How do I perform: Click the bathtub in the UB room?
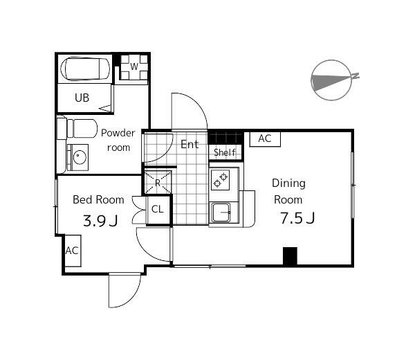pyautogui.click(x=85, y=69)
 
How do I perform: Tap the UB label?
pyautogui.click(x=82, y=98)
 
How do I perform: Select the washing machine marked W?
pyautogui.click(x=134, y=67)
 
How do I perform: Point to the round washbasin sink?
pyautogui.click(x=80, y=157)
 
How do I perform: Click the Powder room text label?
pyautogui.click(x=118, y=140)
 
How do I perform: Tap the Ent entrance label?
pyautogui.click(x=190, y=145)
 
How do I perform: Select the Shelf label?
pyautogui.click(x=224, y=152)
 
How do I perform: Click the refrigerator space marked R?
pyautogui.click(x=158, y=182)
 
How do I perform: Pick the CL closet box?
pyautogui.click(x=158, y=210)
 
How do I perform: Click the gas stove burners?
pyautogui.click(x=221, y=180)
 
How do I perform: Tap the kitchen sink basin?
pyautogui.click(x=221, y=212)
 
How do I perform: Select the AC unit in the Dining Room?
pyautogui.click(x=265, y=139)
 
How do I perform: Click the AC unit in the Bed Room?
pyautogui.click(x=73, y=251)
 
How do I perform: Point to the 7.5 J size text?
pyautogui.click(x=297, y=219)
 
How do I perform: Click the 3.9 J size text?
pyautogui.click(x=100, y=221)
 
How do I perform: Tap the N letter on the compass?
pyautogui.click(x=356, y=75)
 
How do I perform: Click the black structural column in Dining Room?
pyautogui.click(x=290, y=256)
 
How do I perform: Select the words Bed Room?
pyautogui.click(x=98, y=200)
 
